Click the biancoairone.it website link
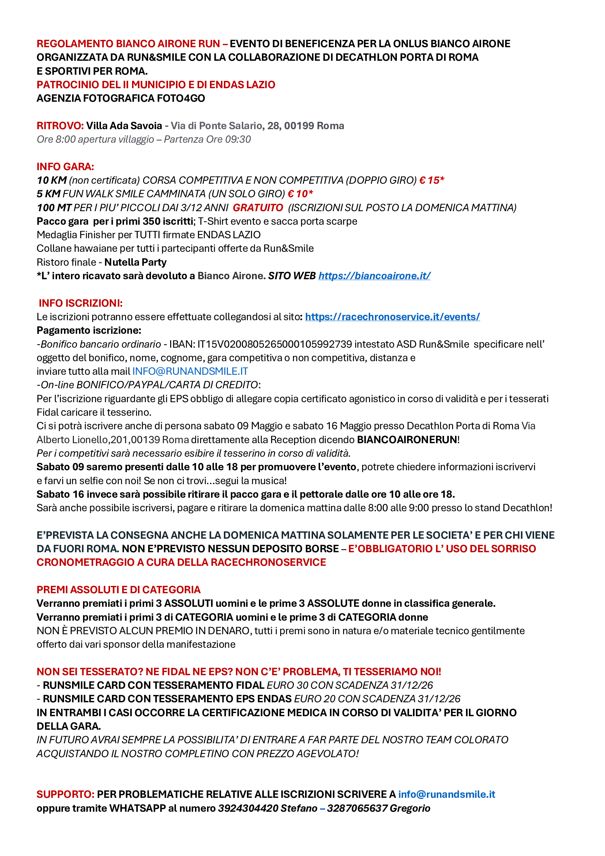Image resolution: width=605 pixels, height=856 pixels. (x=374, y=276)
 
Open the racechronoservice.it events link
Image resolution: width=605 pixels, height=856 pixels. (x=392, y=317)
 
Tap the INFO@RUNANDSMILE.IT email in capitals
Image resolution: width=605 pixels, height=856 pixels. (x=190, y=371)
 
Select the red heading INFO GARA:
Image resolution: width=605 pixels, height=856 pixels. (x=65, y=167)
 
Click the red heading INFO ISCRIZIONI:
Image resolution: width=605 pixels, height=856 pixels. (x=80, y=303)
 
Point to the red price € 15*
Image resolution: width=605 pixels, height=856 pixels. (x=432, y=180)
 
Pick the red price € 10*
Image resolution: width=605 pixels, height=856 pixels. (x=300, y=194)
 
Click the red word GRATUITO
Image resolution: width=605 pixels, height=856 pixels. (x=258, y=208)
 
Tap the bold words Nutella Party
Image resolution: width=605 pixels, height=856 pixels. (x=135, y=262)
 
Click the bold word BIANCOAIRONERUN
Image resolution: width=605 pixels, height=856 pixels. (x=407, y=440)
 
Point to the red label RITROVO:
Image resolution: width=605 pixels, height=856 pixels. (x=60, y=126)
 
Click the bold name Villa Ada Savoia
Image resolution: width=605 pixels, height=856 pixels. (x=124, y=126)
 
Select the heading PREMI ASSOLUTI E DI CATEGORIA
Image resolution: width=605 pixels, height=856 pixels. (x=119, y=590)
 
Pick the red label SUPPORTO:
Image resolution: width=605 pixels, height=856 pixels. (x=65, y=795)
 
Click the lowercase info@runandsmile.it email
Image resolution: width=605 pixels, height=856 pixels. (x=447, y=795)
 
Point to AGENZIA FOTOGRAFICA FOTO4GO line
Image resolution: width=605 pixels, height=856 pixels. (x=121, y=98)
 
